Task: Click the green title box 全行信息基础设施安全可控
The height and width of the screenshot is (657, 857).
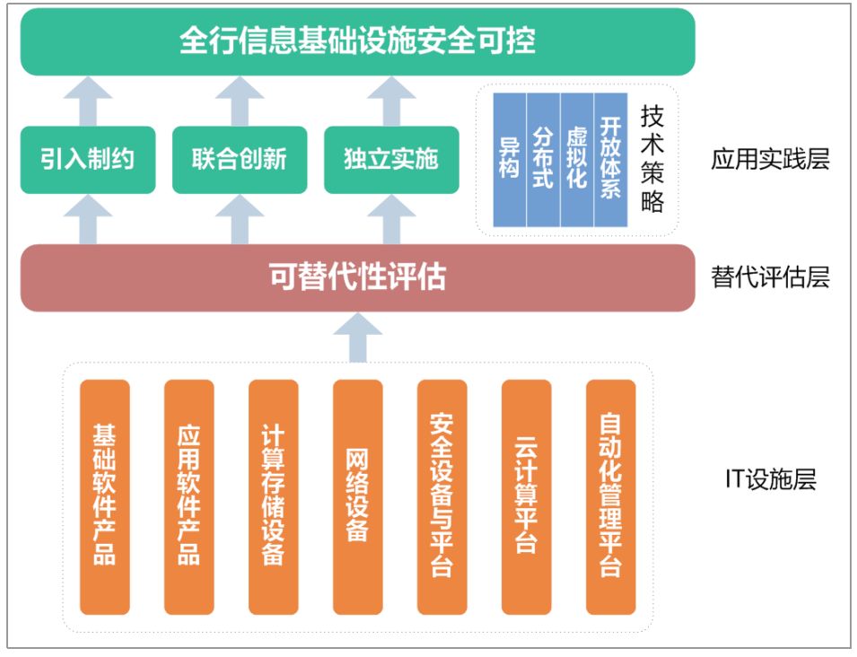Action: (357, 42)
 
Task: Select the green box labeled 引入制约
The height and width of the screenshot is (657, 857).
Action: (87, 160)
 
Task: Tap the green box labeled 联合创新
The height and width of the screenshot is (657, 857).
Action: (239, 160)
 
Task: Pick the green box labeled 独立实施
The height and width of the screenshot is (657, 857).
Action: (390, 160)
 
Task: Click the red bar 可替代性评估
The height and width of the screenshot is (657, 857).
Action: (357, 277)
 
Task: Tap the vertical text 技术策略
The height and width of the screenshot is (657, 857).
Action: (652, 159)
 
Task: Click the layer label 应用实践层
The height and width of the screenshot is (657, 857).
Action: (770, 160)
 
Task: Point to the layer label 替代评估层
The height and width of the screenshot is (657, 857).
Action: (770, 277)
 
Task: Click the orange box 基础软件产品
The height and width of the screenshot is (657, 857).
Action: (105, 496)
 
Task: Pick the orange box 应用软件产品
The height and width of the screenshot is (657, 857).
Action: (189, 496)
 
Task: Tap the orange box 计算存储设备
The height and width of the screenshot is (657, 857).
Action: (274, 496)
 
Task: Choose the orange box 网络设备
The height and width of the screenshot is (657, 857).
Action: (357, 496)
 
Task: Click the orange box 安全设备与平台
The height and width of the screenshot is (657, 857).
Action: (442, 496)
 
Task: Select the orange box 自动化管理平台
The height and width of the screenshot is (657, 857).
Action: (610, 496)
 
